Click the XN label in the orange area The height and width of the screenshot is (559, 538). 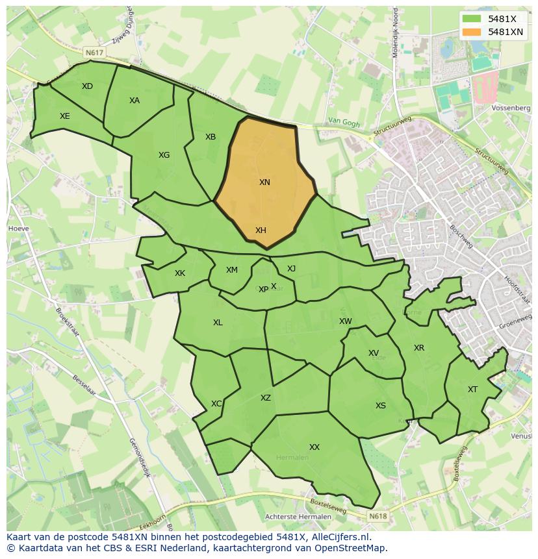point(264,182)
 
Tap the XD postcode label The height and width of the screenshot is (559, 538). point(87,86)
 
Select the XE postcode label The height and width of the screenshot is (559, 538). point(65,116)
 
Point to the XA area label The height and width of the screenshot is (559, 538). point(134,101)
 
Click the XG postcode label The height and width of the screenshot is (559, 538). point(164,155)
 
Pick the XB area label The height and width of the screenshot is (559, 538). point(211,137)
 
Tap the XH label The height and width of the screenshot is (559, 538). point(261,230)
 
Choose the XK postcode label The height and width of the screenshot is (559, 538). point(180,273)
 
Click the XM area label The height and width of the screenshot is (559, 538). point(232,270)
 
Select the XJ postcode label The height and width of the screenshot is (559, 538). point(291,269)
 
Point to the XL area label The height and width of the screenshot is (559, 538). point(218,323)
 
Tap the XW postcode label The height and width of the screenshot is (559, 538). point(346,321)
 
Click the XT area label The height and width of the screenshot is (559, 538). point(472,390)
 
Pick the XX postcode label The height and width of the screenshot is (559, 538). point(314,447)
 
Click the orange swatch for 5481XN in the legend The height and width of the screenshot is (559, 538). point(472,31)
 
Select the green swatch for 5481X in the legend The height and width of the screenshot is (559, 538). point(472,19)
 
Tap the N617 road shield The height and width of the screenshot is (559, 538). point(94,52)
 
